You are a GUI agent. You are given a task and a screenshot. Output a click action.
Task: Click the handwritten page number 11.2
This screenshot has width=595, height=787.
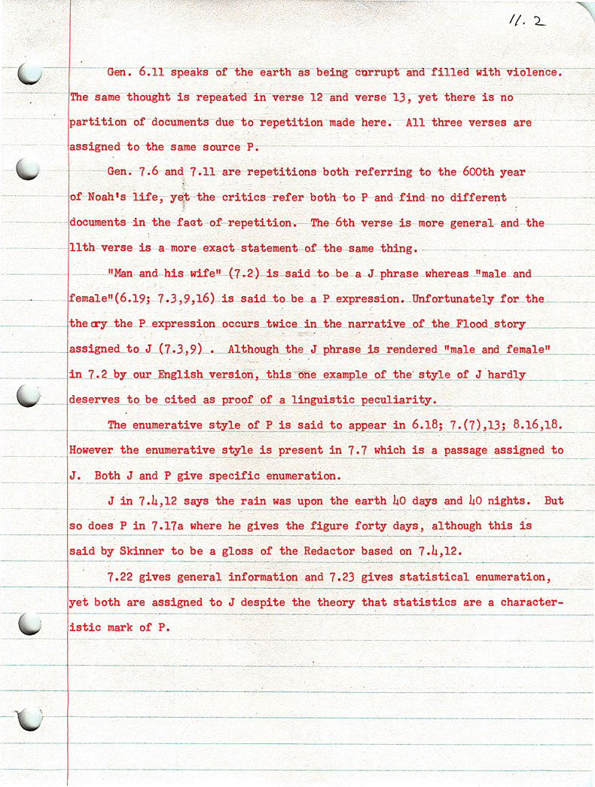pos(526,22)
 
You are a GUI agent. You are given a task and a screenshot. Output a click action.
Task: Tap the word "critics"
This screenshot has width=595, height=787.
pos(244,198)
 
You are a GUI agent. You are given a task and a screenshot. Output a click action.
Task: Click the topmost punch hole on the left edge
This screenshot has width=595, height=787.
pos(29,72)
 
